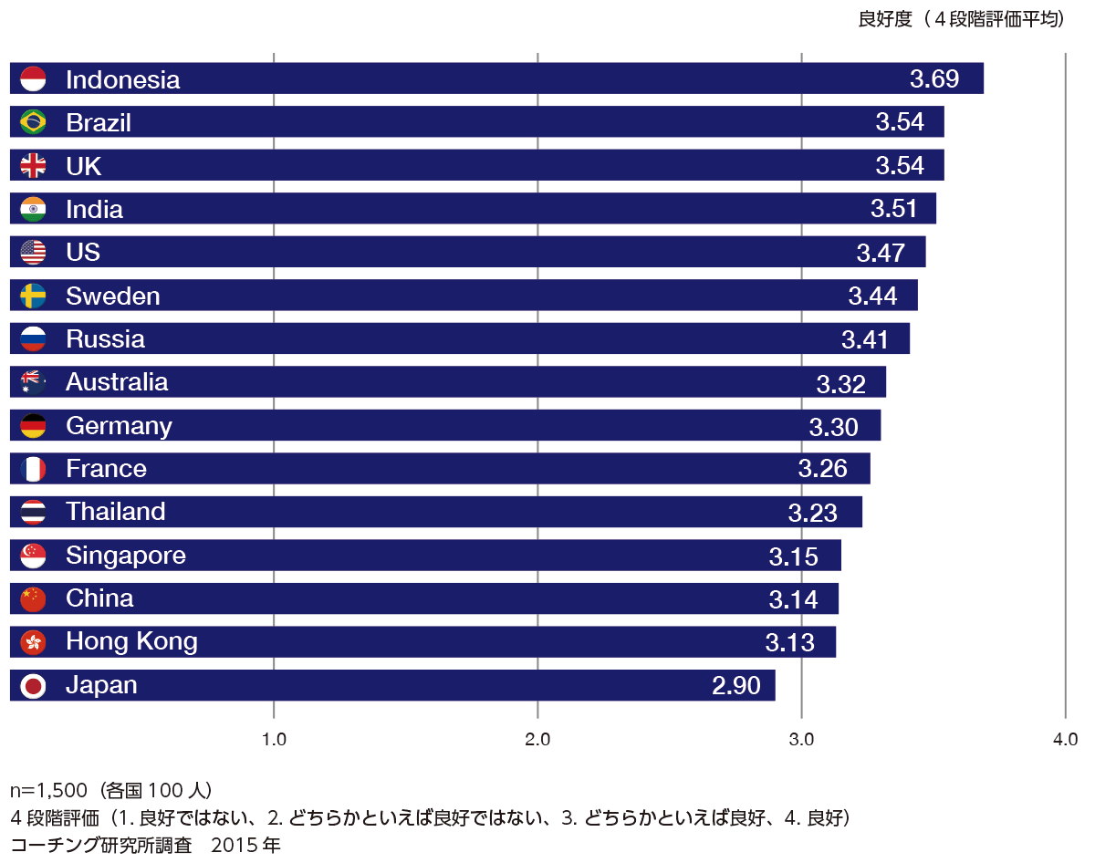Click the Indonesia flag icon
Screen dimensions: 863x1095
coord(33,79)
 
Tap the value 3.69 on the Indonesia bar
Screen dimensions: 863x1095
coord(934,79)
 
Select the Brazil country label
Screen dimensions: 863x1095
coord(99,122)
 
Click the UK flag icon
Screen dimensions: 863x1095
coord(33,166)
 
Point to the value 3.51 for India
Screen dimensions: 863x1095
coord(894,209)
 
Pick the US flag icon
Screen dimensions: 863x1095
coord(33,253)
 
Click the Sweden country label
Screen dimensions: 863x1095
coord(113,296)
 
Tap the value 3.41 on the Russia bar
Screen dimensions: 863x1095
coord(865,339)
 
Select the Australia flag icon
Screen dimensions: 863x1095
coord(33,382)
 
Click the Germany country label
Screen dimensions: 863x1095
coord(119,426)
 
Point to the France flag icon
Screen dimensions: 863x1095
coord(33,469)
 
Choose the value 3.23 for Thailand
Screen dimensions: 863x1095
coord(812,513)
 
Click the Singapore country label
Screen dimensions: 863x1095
coord(126,556)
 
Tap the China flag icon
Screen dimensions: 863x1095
coord(33,599)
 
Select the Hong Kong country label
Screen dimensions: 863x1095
coord(131,642)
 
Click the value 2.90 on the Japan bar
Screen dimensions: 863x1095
coord(735,686)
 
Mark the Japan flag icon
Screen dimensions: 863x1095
coord(33,686)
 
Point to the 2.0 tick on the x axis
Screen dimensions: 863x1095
coord(537,740)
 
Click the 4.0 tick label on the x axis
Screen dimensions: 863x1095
coord(1065,740)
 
